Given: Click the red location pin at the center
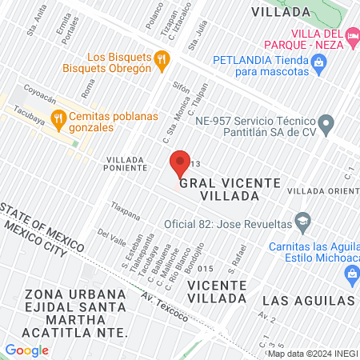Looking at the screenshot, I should pyautogui.click(x=179, y=162).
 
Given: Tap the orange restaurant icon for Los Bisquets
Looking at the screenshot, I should pyautogui.click(x=162, y=58).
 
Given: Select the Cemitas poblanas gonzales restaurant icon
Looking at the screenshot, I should pyautogui.click(x=58, y=119).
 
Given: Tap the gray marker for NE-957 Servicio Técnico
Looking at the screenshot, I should pyautogui.click(x=326, y=123).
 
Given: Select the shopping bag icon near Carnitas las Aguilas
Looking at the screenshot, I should pyautogui.click(x=350, y=274).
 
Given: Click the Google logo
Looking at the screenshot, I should pyautogui.click(x=26, y=350).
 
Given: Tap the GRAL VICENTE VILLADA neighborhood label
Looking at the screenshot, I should pyautogui.click(x=230, y=189).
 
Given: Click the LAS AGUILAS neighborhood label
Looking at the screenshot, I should pyautogui.click(x=308, y=300).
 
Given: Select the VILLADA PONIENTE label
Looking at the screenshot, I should pyautogui.click(x=126, y=164).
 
